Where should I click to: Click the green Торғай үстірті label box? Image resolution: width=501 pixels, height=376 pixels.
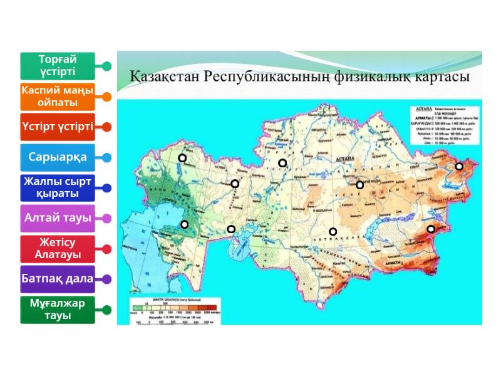(57, 66)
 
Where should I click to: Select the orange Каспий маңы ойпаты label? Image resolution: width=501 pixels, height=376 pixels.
(57, 97)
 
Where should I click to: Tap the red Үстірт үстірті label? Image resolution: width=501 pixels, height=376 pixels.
(57, 127)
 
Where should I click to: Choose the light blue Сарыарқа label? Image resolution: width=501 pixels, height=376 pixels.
(57, 157)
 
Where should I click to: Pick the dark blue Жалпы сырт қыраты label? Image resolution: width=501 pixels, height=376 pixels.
(57, 187)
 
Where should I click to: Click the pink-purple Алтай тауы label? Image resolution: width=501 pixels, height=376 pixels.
(57, 218)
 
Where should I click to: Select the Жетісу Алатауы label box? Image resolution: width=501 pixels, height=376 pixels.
(57, 249)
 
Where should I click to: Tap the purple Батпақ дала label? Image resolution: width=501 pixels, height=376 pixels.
(57, 278)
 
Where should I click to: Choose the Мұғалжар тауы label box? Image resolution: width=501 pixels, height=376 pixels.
(57, 310)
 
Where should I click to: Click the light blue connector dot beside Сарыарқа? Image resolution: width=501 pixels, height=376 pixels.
(107, 158)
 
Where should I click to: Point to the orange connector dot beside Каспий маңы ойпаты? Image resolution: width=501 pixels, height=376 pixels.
(107, 97)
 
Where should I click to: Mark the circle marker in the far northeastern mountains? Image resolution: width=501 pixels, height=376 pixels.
(459, 166)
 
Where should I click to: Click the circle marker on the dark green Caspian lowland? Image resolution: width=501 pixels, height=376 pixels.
(184, 224)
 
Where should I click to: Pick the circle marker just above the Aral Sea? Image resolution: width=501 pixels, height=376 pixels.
(231, 229)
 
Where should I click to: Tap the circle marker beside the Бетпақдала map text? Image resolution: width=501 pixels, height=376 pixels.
(333, 232)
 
